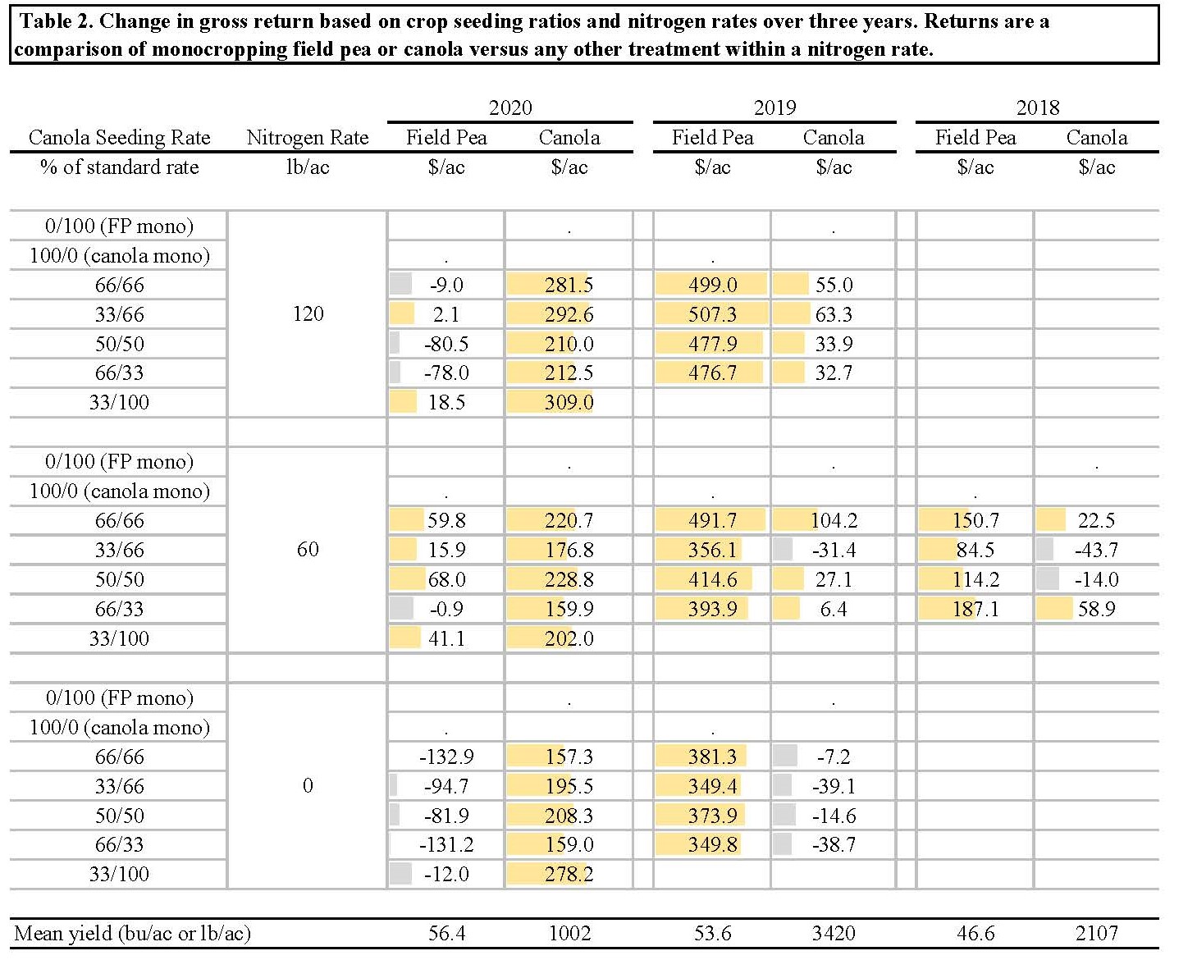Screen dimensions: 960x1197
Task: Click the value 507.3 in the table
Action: tap(712, 314)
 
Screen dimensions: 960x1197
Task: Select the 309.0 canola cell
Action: tap(569, 403)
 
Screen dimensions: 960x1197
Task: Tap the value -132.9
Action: tap(446, 757)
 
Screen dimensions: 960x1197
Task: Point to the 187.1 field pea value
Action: tap(975, 609)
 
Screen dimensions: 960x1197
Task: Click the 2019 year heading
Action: tap(774, 107)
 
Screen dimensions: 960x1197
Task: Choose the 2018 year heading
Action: tap(1038, 107)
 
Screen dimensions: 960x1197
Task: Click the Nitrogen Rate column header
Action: tap(308, 138)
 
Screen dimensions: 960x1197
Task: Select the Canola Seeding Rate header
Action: tap(120, 138)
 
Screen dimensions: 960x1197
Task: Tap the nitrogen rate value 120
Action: tap(308, 313)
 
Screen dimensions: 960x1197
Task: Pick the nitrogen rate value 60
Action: tap(308, 549)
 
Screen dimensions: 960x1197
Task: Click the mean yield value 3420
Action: tap(834, 933)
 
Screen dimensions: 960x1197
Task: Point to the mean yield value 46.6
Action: tap(975, 933)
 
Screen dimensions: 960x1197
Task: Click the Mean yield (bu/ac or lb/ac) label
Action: tap(133, 933)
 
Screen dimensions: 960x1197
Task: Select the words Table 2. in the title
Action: tap(55, 21)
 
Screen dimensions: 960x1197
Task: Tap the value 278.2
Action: tap(569, 874)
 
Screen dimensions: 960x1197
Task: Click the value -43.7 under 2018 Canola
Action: tap(1096, 550)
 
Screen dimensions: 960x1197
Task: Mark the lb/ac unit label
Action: tap(308, 167)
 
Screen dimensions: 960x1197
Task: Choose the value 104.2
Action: tap(834, 520)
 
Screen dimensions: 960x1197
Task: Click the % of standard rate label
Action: tap(120, 167)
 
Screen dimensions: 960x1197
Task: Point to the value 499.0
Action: tap(712, 285)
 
